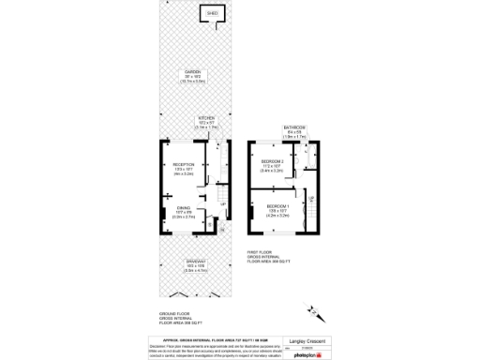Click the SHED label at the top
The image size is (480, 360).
211,14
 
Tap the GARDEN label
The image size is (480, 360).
192,72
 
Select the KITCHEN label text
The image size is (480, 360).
206,118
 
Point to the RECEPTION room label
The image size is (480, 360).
183,165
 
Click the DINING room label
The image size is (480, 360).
183,209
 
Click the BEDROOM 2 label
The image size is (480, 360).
272,161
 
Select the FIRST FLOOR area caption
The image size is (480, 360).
265,253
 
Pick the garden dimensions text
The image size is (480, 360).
192,81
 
